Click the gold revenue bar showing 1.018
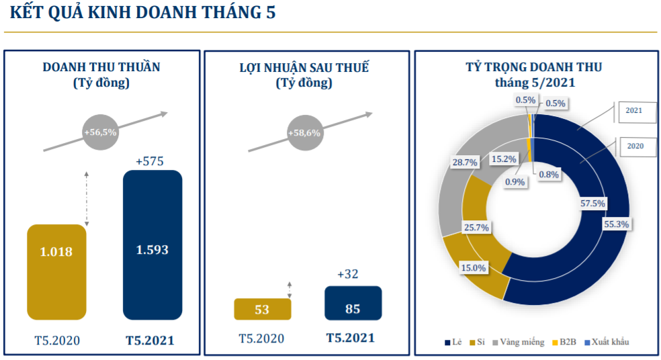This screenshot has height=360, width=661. pyautogui.click(x=56, y=271)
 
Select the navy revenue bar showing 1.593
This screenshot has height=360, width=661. pyautogui.click(x=152, y=244)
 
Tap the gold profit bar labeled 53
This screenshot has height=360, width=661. pyautogui.click(x=262, y=309)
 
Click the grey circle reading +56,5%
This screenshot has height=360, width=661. pyautogui.click(x=100, y=132)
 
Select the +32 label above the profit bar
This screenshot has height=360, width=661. pyautogui.click(x=349, y=274)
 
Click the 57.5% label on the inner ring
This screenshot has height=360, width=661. pyautogui.click(x=592, y=203)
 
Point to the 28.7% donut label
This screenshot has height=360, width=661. pyautogui.click(x=465, y=162)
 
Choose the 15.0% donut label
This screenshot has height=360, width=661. pyautogui.click(x=473, y=267)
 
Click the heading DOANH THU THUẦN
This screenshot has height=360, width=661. pyautogui.click(x=101, y=67)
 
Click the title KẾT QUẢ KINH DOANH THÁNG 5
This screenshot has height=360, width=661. pyautogui.click(x=143, y=14)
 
